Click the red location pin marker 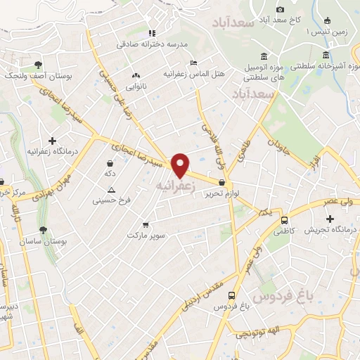point(181,165)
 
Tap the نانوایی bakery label point(136,86)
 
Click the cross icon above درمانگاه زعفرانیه point(51,141)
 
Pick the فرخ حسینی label point(112,201)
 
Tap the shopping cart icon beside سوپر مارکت point(145,225)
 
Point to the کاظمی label point(282,230)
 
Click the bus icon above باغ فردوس point(231,296)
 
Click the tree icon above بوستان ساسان point(44,229)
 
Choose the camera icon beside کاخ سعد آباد point(280,9)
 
